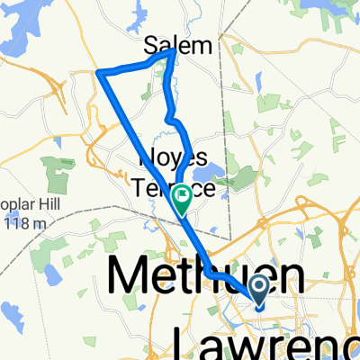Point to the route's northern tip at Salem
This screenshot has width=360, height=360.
click(x=173, y=52)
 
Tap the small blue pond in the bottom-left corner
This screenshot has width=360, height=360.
click(x=11, y=313)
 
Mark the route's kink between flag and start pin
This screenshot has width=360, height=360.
click(x=209, y=270)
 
